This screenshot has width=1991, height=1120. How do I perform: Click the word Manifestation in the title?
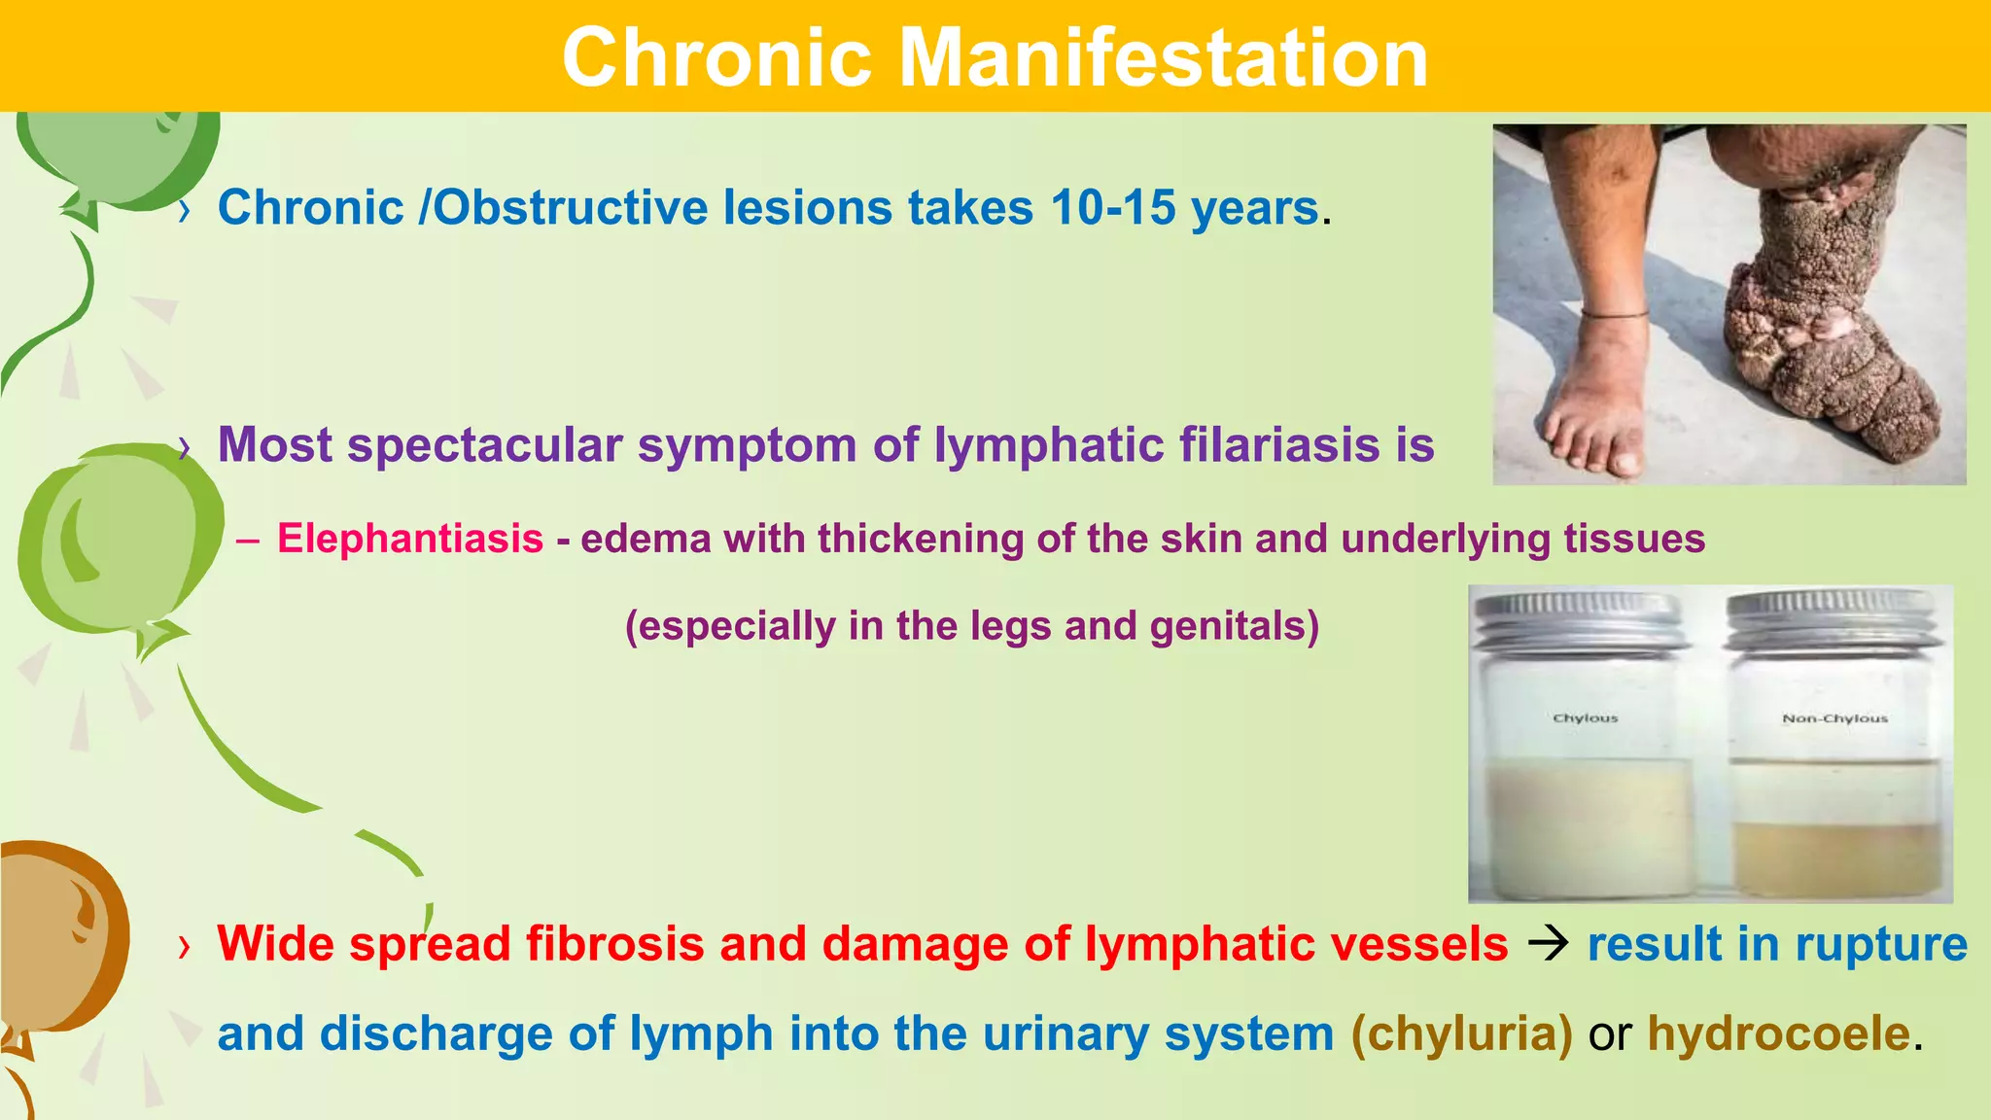click(1163, 58)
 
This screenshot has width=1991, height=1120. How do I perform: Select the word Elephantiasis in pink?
click(410, 539)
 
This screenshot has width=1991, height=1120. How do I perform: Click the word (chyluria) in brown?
click(1461, 1033)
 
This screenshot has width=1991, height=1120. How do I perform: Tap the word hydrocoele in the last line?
click(1778, 1033)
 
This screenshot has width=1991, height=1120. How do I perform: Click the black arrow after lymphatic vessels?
click(1548, 944)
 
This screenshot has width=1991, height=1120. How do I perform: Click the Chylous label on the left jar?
click(1585, 718)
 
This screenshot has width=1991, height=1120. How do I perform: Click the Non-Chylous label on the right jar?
click(1834, 718)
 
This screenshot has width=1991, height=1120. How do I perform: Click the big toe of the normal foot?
click(1624, 459)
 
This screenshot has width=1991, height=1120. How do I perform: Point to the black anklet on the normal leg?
click(1614, 315)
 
